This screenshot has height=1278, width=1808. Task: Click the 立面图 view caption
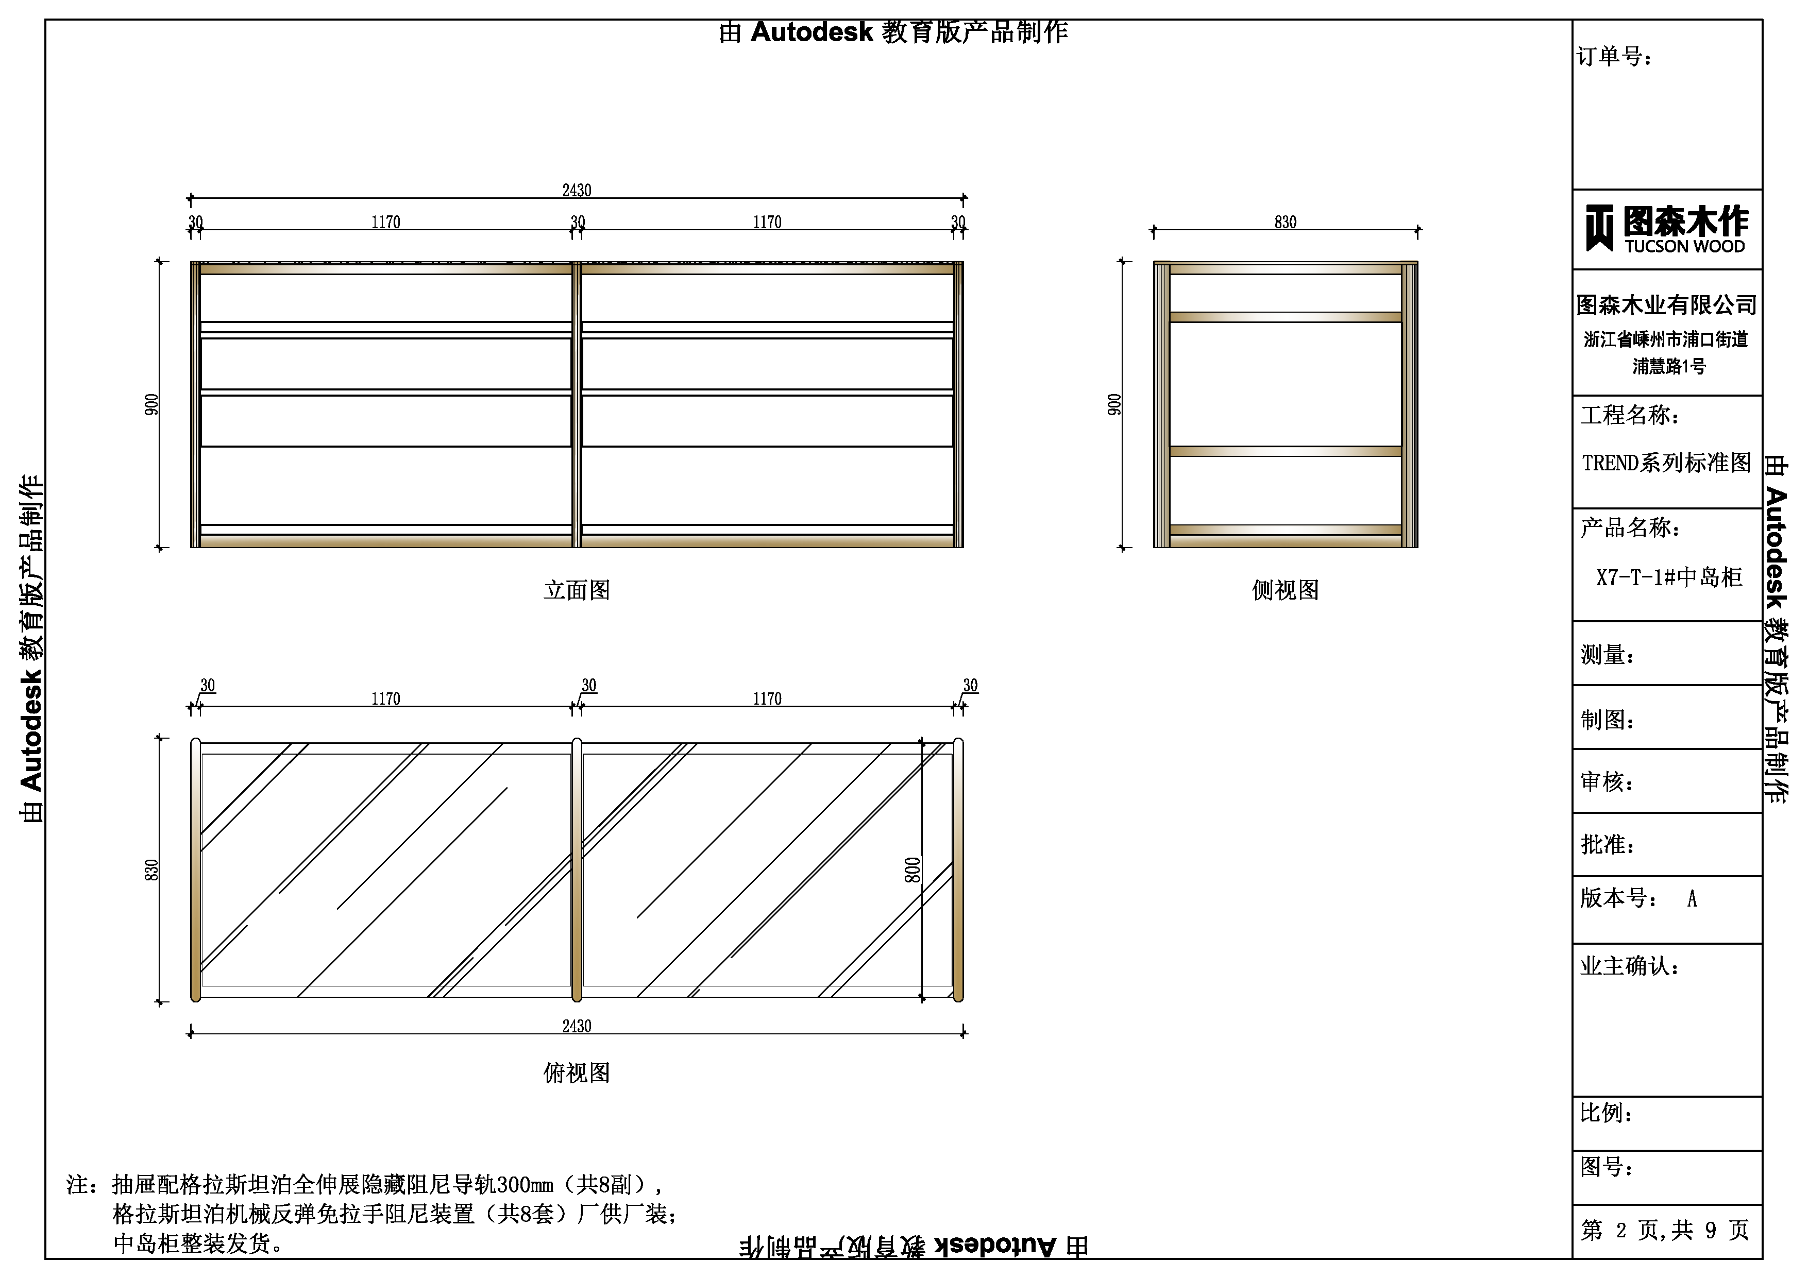[x=577, y=590]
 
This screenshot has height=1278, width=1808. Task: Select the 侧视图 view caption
[x=1285, y=590]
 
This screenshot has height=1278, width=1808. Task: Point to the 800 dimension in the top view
[x=912, y=870]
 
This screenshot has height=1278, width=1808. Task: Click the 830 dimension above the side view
[x=1285, y=222]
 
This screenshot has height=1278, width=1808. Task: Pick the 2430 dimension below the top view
[x=577, y=1026]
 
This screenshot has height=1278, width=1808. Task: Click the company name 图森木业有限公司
[x=1666, y=305]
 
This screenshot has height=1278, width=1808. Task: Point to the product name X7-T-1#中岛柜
[x=1668, y=577]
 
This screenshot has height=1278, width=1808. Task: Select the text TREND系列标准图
[x=1666, y=462]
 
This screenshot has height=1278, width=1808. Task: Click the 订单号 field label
[x=1614, y=57]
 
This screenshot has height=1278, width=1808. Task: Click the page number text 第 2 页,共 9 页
[x=1665, y=1230]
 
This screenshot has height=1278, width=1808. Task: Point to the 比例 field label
[x=1607, y=1113]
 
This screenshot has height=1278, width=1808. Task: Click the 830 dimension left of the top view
[x=151, y=870]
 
